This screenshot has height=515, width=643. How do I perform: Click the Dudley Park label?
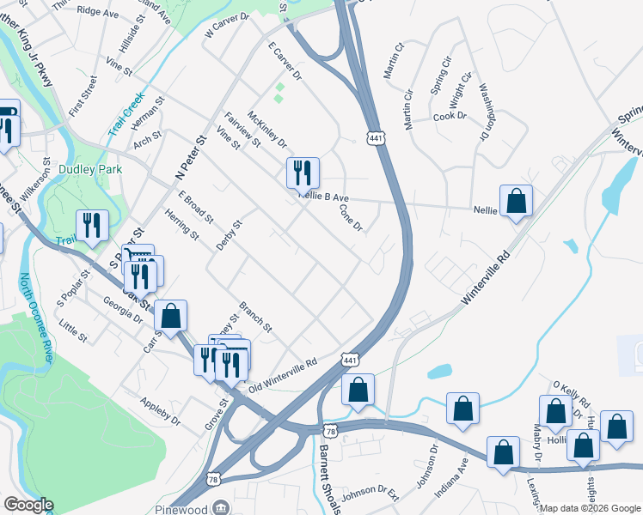pos(86,169)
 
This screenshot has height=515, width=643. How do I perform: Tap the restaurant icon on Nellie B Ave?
pos(303,173)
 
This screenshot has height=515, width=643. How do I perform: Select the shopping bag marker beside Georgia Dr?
pos(171,316)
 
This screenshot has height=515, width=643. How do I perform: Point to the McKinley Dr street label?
pos(266,129)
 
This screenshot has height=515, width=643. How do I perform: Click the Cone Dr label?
pos(351,217)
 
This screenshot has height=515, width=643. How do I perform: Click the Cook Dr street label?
pos(449,117)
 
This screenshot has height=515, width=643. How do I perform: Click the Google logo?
pos(28,505)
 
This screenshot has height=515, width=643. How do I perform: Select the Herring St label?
pos(181,224)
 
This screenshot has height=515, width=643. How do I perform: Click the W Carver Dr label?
pos(226,27)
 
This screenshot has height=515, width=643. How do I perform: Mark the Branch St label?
pos(255,315)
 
